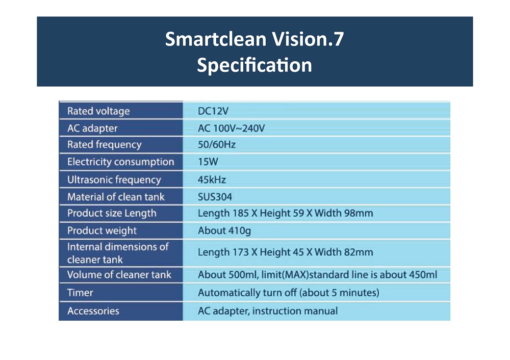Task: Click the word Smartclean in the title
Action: click(216, 39)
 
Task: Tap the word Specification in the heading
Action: click(254, 65)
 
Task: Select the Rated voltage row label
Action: click(98, 111)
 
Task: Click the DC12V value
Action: click(213, 111)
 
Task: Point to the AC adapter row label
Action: click(92, 128)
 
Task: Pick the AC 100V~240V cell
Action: click(231, 128)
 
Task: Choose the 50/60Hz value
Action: click(217, 144)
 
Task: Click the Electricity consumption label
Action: click(121, 162)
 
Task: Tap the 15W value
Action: click(208, 162)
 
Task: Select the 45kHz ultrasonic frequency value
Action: click(212, 179)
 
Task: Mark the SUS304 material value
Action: click(215, 197)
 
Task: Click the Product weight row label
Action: click(102, 230)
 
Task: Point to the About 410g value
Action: click(224, 230)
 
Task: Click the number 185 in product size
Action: click(241, 213)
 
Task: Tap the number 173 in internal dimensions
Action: click(241, 252)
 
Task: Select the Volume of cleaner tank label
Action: click(119, 275)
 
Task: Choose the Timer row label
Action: click(80, 293)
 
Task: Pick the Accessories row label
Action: click(93, 311)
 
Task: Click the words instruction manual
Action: click(295, 311)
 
